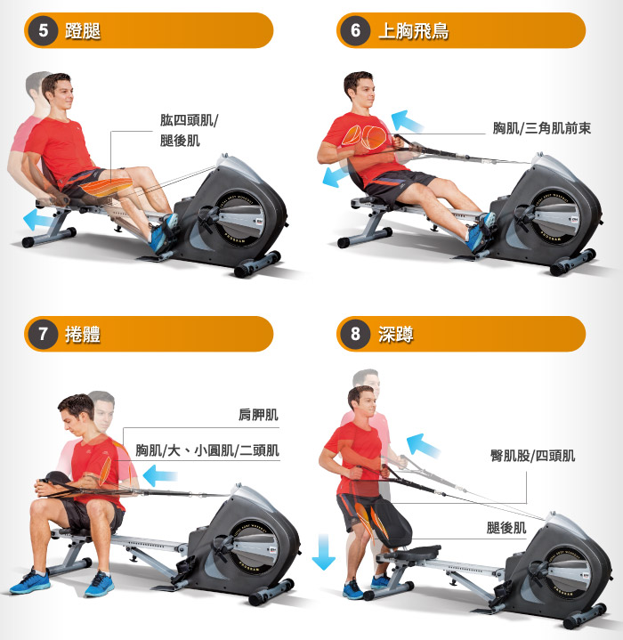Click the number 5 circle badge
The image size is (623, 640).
[43, 30]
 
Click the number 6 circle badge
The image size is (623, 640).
[355, 30]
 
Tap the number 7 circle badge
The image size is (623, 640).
[43, 334]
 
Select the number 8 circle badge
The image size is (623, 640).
[355, 334]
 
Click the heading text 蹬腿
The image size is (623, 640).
[83, 31]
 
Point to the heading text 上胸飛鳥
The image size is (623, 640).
[413, 31]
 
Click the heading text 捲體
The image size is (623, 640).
[83, 335]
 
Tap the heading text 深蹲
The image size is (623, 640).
[396, 335]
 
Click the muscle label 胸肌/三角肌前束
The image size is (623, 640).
[541, 128]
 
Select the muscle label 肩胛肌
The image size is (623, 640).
[258, 415]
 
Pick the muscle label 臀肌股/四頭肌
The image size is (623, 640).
[532, 456]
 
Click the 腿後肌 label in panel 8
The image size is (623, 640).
[506, 528]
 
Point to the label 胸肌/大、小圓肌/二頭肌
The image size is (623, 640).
[207, 450]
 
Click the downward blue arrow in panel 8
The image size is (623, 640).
[324, 551]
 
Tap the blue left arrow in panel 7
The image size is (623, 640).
[159, 475]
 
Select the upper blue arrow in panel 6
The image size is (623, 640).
[407, 121]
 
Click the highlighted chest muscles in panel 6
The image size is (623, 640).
[363, 137]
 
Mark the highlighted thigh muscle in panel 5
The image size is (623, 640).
[107, 187]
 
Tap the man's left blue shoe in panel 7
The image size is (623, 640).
[100, 584]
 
